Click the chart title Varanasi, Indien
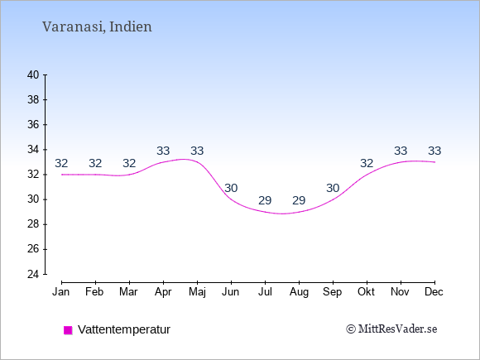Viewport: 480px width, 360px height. coord(97,26)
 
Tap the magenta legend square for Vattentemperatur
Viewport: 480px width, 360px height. coord(68,330)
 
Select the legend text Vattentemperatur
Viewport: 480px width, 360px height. coord(124,329)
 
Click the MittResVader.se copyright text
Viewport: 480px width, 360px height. coord(391,329)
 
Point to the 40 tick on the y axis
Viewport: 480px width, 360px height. coord(33,74)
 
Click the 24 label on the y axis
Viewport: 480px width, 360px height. coord(33,274)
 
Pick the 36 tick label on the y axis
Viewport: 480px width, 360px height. coord(33,125)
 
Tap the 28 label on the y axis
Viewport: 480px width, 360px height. coord(33,224)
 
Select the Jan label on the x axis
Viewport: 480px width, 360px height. coord(61,292)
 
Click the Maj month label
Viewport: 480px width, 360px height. coord(197,292)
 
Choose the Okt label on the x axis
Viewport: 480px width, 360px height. coord(366,292)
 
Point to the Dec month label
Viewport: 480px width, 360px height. coord(434,292)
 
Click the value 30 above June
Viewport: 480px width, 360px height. coord(231,188)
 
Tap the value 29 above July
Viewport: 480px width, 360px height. coord(265,200)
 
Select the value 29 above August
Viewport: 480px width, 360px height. coord(299,200)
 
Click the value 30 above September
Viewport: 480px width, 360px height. coord(333,188)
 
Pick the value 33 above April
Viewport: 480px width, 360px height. coord(163,151)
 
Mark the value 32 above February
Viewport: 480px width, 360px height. coord(95,164)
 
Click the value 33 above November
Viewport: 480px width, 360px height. coord(401,151)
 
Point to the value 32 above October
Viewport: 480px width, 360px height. coord(367,164)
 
